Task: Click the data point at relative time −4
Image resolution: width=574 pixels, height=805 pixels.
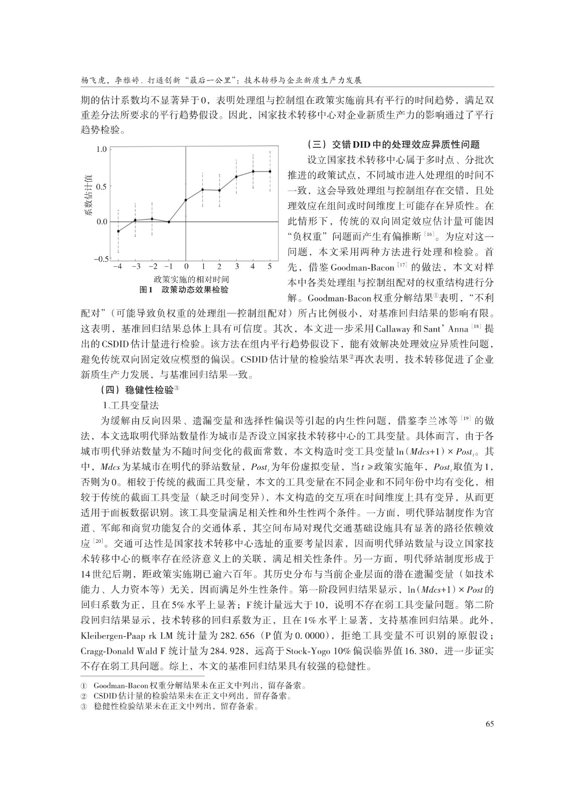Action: tap(118, 231)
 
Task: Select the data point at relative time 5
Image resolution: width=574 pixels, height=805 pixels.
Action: tap(270, 172)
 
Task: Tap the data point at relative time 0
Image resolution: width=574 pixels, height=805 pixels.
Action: tap(186, 200)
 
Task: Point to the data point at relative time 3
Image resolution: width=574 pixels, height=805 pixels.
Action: tap(236, 177)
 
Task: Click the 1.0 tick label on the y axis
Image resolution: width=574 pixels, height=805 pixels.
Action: tap(102, 149)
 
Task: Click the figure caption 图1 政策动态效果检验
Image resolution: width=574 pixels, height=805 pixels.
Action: tap(183, 290)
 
